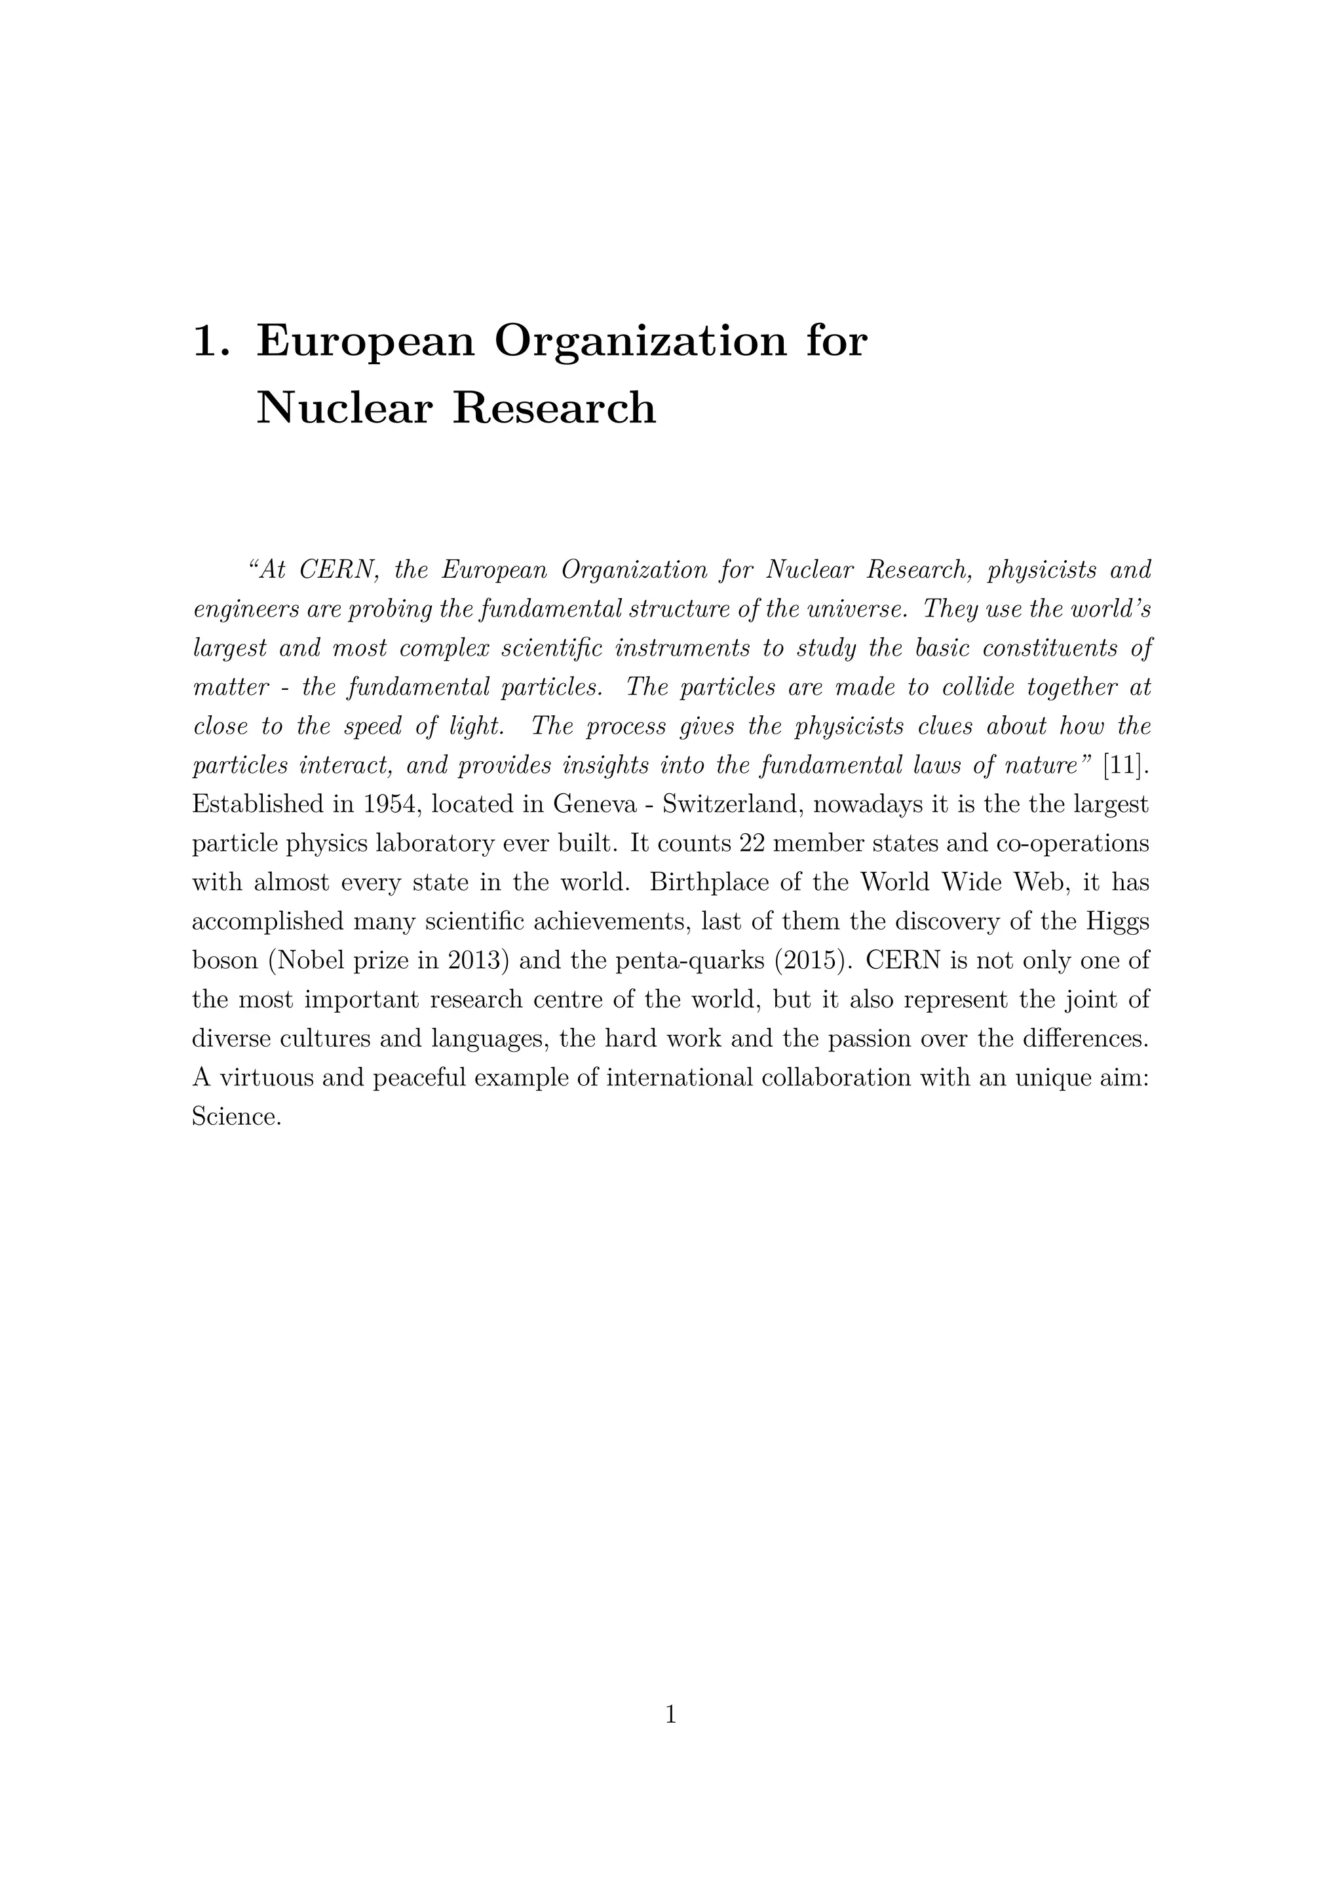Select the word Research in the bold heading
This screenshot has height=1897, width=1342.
pyautogui.click(x=554, y=409)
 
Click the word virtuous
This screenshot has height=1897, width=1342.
pyautogui.click(x=265, y=1078)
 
